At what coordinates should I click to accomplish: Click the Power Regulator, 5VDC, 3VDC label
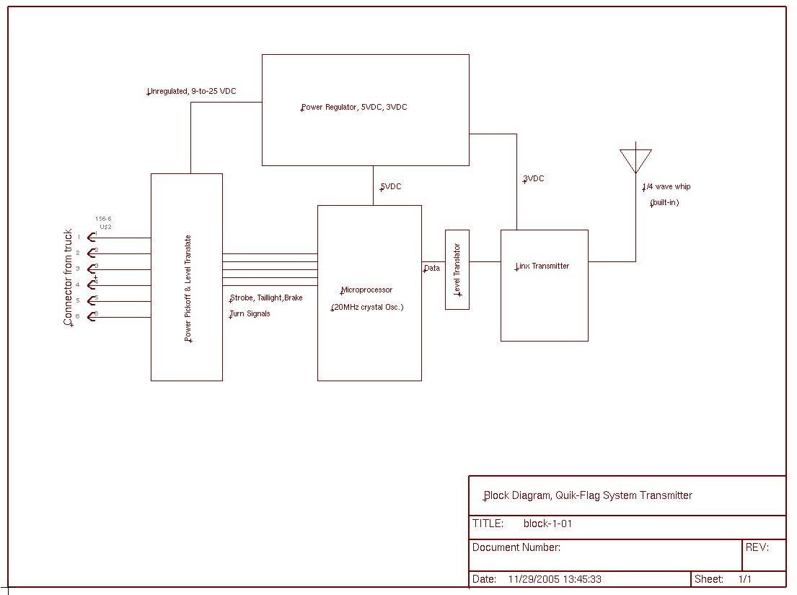(x=354, y=108)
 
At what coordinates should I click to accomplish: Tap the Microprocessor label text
(x=366, y=290)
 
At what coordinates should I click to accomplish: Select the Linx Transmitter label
(x=542, y=266)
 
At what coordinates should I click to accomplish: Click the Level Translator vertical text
(x=457, y=269)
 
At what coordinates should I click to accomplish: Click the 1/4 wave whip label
(x=666, y=187)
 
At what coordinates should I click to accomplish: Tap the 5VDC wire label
(x=391, y=187)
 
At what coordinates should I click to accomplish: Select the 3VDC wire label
(x=534, y=179)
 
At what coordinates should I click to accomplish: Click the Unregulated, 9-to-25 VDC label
(x=192, y=92)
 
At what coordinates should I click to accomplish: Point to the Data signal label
(x=431, y=269)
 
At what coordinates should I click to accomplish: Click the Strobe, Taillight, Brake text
(x=266, y=298)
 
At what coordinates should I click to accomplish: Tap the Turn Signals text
(x=250, y=314)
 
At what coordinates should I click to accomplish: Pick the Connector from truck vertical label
(x=69, y=278)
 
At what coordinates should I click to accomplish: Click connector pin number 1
(x=79, y=237)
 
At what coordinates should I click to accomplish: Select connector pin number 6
(x=79, y=316)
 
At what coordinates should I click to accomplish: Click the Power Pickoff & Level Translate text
(x=188, y=288)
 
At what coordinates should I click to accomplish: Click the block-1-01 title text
(x=547, y=524)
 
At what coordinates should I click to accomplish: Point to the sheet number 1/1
(x=745, y=579)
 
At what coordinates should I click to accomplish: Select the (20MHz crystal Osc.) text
(x=367, y=308)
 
